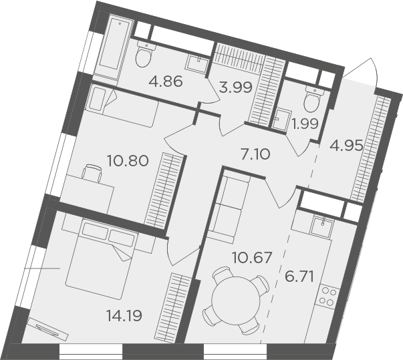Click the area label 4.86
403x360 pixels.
(166, 81)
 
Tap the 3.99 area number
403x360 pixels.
(235, 88)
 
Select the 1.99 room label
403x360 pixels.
(305, 124)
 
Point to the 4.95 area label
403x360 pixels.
(346, 146)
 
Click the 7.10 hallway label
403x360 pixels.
(255, 154)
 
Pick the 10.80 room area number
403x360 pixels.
(128, 161)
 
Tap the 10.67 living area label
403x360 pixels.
(252, 258)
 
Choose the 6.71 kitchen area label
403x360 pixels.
(299, 277)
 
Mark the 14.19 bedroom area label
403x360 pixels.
(124, 315)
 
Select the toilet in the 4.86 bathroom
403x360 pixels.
(144, 55)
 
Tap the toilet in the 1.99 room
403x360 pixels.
(313, 100)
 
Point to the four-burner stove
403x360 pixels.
(327, 296)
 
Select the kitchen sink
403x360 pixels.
(321, 228)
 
